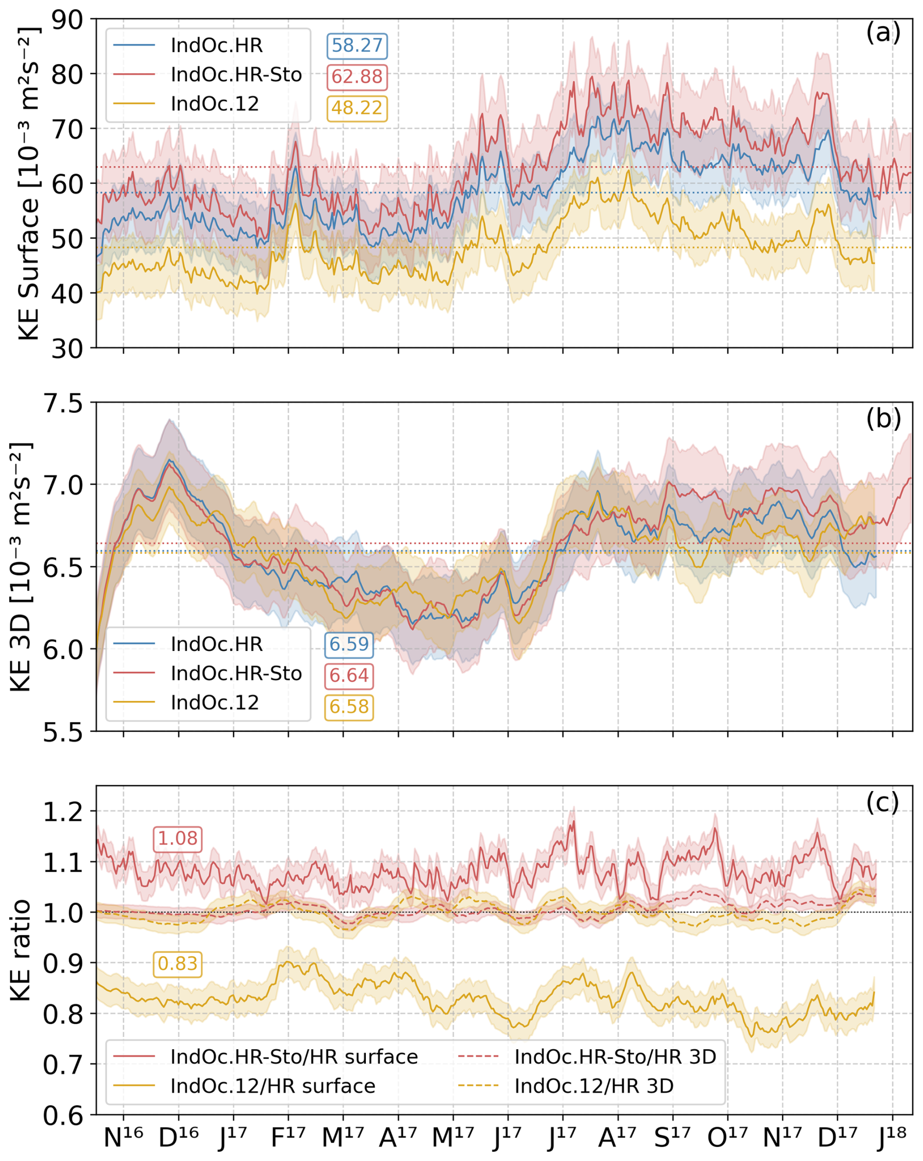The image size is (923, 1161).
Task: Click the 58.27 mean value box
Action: click(357, 46)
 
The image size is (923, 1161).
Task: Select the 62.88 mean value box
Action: click(357, 77)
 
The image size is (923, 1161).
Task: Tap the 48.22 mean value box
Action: click(357, 108)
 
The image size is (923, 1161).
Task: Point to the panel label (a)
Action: click(883, 33)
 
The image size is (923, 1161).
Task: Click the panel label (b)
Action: click(883, 418)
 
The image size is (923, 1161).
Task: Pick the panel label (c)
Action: click(883, 802)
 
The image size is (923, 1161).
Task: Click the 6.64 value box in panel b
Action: click(349, 675)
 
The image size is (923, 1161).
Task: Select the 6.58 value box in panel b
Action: click(349, 706)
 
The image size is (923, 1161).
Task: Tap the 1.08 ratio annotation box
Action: click(178, 838)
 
